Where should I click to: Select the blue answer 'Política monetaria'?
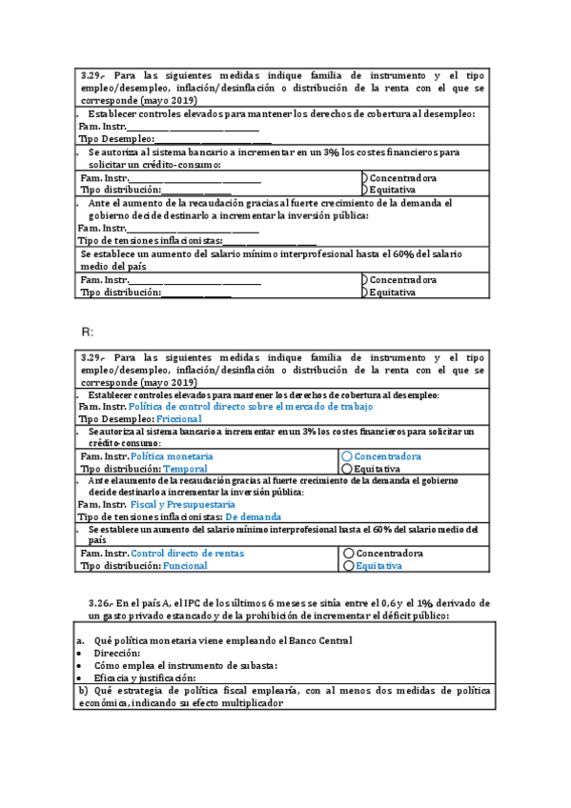(x=172, y=456)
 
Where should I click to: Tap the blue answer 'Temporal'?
(x=185, y=469)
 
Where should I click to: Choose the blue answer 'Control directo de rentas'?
(x=187, y=553)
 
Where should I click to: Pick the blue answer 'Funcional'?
(x=185, y=565)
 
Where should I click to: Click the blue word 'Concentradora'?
(x=388, y=456)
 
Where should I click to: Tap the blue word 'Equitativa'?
(x=378, y=565)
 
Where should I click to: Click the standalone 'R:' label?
(x=87, y=331)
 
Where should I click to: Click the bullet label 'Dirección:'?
(x=116, y=653)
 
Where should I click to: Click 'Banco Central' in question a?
(x=321, y=640)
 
